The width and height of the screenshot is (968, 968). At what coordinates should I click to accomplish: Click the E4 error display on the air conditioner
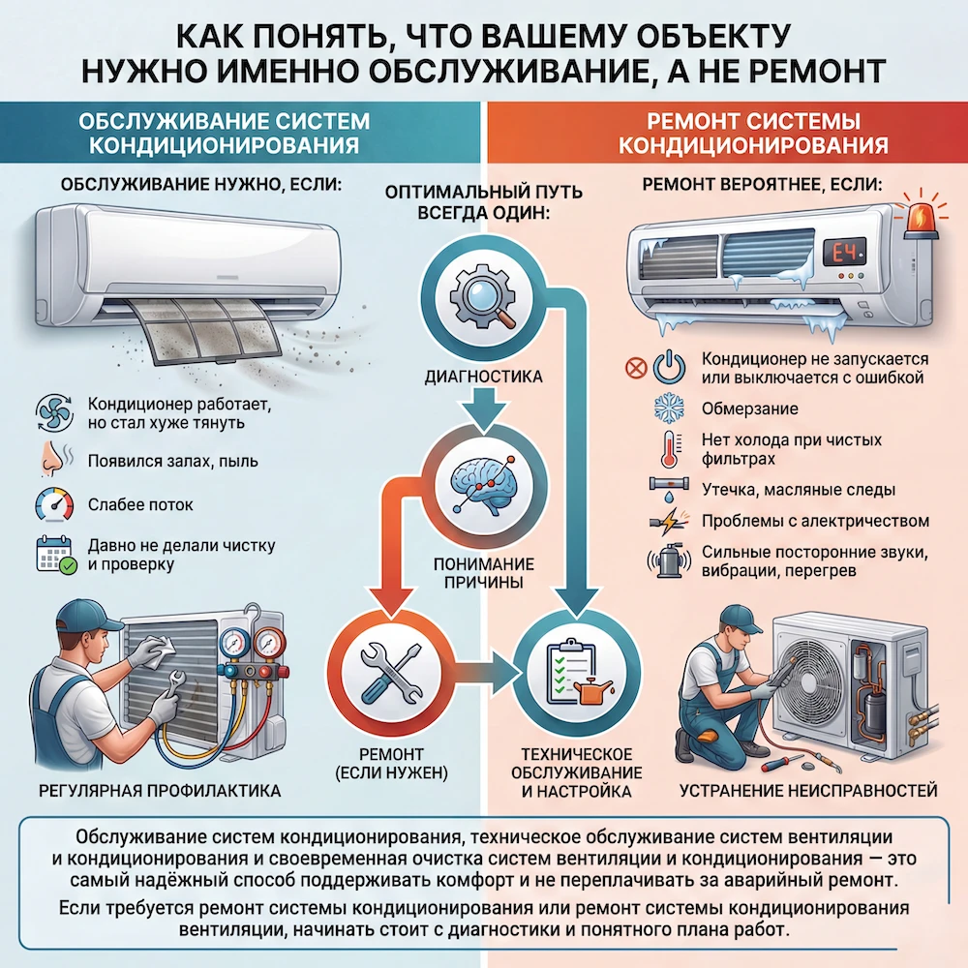pyautogui.click(x=844, y=253)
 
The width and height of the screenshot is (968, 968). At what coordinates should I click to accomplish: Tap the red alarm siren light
pyautogui.click(x=921, y=216)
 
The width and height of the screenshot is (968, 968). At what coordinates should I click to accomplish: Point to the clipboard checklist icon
pyautogui.click(x=577, y=673)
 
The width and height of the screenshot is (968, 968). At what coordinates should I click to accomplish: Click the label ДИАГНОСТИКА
pyautogui.click(x=483, y=377)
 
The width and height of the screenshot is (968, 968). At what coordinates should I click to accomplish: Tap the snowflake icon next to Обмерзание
pyautogui.click(x=669, y=408)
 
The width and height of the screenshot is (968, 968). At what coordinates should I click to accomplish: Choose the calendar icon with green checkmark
pyautogui.click(x=55, y=555)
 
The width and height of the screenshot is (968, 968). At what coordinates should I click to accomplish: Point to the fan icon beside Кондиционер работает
pyautogui.click(x=54, y=412)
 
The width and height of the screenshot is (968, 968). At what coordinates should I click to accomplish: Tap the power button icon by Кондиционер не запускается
pyautogui.click(x=669, y=367)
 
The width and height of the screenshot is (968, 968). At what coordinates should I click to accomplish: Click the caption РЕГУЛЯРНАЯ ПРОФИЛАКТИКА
pyautogui.click(x=160, y=791)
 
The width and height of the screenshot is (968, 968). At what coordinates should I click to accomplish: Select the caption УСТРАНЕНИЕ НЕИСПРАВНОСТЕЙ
pyautogui.click(x=808, y=791)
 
